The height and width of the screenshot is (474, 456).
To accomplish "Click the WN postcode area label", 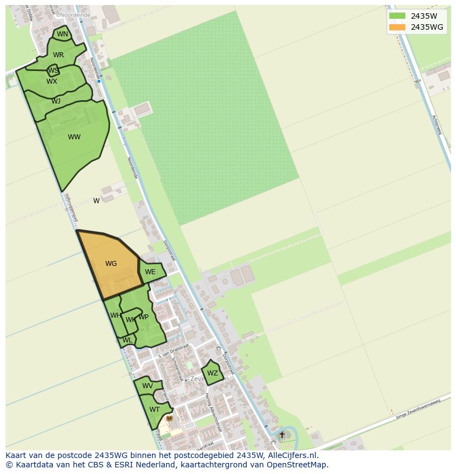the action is click(63, 34).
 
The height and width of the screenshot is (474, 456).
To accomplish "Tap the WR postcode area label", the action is click(58, 55).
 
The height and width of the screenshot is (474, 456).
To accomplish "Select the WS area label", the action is click(53, 70).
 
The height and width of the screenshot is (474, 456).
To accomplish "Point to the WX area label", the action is click(52, 81).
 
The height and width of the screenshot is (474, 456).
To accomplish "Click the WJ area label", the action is click(56, 101).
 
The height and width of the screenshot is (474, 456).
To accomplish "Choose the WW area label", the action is click(74, 137).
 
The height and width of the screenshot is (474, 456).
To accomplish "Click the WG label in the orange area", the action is click(111, 264).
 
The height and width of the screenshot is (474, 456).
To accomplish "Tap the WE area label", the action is click(150, 272).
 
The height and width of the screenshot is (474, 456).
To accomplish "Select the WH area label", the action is click(116, 315).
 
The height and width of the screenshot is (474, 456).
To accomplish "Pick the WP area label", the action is click(143, 317).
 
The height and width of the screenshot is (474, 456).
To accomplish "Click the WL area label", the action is click(127, 340).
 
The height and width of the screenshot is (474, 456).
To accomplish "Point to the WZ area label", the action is click(213, 373).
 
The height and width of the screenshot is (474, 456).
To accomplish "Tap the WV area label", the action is click(148, 386).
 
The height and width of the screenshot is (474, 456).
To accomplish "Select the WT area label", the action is click(154, 410).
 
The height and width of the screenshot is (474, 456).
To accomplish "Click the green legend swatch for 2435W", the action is click(397, 16).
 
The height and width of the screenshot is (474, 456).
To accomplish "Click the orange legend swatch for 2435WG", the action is click(397, 27).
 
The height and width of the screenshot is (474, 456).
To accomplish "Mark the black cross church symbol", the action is click(282, 435).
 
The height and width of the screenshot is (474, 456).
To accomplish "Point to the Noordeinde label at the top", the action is click(75, 15).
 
